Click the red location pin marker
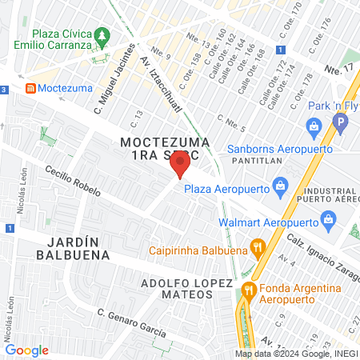[x=180, y=166]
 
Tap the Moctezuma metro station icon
[x=30, y=86]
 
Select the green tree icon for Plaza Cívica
[x=102, y=35]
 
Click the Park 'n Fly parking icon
[x=342, y=124]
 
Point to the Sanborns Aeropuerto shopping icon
[x=313, y=126]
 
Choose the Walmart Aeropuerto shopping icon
[x=327, y=219]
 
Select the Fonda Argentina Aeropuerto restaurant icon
[x=249, y=289]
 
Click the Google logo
[x=26, y=350]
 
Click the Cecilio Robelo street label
[x=73, y=183]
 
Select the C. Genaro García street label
[x=131, y=322]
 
